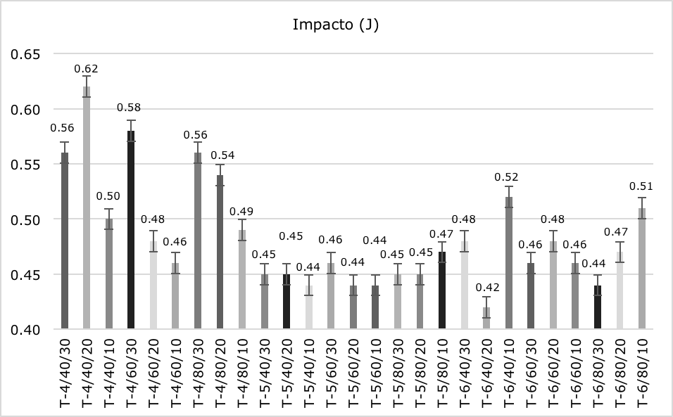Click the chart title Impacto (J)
coord(336,25)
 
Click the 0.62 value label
coord(87,69)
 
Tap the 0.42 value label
coord(486,287)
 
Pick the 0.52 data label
coord(509,177)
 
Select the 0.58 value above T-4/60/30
coord(131,106)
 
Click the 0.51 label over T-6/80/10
coord(642,186)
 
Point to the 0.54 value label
coord(220,155)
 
